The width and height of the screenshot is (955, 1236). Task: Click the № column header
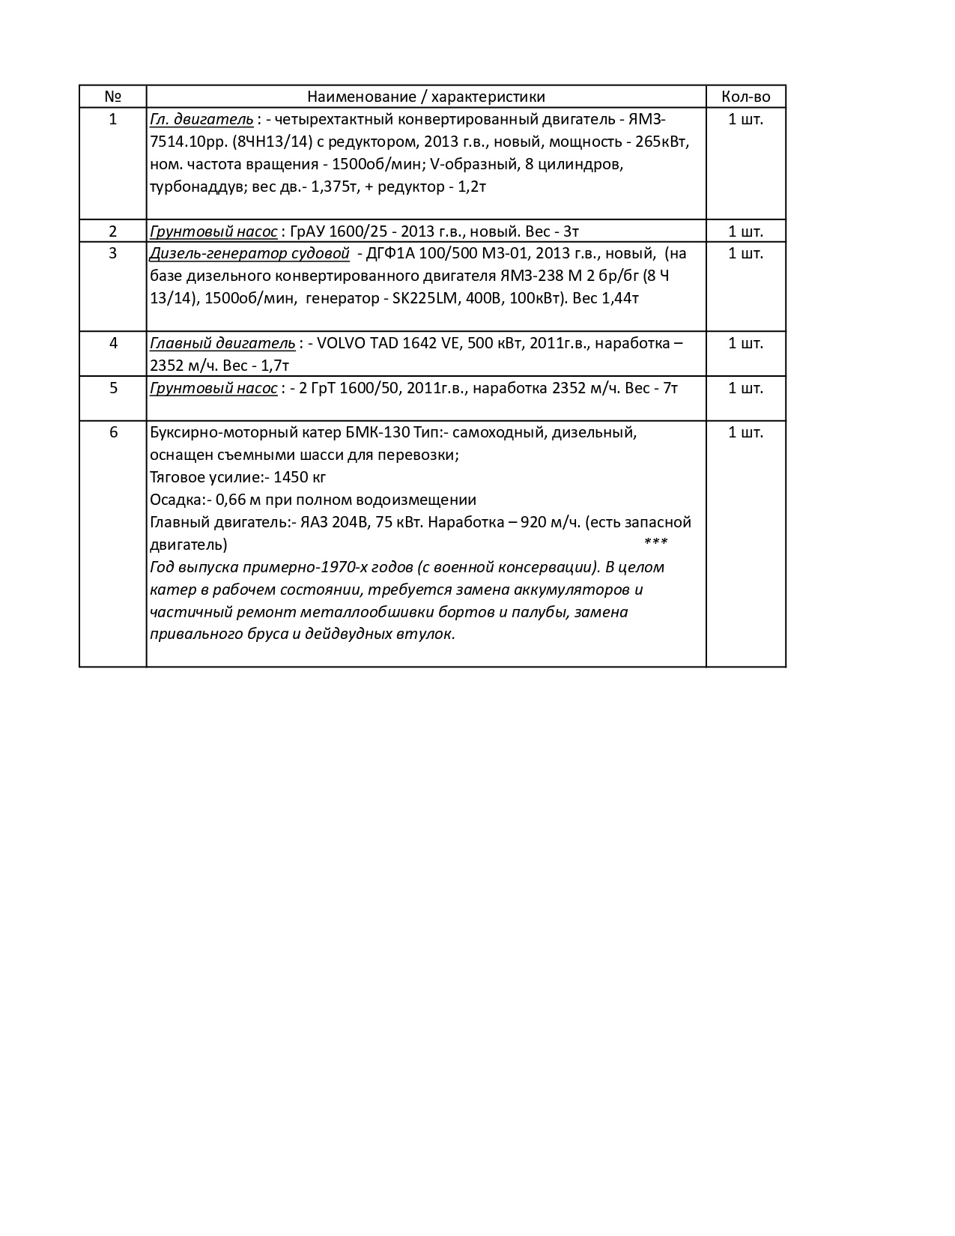(x=112, y=97)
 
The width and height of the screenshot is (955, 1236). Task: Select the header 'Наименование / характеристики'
(x=425, y=97)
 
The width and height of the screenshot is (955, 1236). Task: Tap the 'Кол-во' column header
(x=745, y=97)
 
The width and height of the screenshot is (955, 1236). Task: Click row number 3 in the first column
(x=112, y=253)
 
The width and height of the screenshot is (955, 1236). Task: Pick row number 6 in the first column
(x=112, y=432)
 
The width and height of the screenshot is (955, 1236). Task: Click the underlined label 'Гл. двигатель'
(x=201, y=119)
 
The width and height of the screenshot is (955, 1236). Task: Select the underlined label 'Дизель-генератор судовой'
(x=249, y=253)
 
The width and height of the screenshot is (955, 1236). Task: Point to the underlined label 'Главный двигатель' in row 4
(x=222, y=343)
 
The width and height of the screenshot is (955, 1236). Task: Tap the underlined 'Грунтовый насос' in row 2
(x=213, y=231)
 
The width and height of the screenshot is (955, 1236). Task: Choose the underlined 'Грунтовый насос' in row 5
(x=213, y=388)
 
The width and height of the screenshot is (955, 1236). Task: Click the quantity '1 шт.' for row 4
(x=745, y=343)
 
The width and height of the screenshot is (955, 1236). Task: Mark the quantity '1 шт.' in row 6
(x=745, y=432)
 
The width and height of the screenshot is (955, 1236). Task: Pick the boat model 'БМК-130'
(x=378, y=432)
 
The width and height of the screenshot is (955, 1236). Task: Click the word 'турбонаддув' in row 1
(x=193, y=187)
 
